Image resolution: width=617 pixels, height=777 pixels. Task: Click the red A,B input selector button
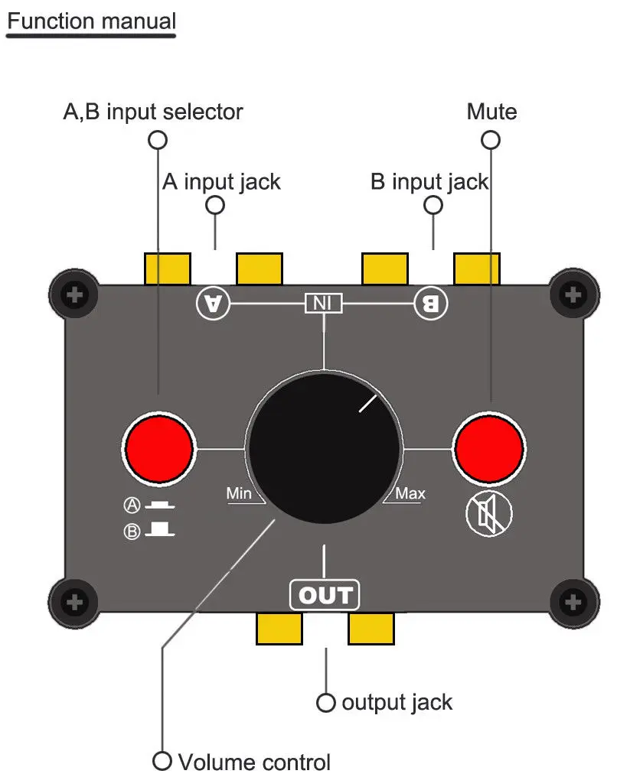[159, 447]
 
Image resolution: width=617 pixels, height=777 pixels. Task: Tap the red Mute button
[488, 447]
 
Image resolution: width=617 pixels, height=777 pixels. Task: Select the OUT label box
[325, 595]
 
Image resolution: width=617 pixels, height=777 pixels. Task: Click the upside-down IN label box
[324, 303]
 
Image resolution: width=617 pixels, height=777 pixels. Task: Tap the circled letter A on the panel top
[213, 303]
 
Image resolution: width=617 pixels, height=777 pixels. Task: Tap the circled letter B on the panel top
[431, 304]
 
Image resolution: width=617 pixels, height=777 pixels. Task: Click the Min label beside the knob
[239, 493]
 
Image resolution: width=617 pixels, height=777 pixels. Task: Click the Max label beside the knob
[410, 493]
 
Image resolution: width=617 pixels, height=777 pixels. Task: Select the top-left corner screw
[74, 294]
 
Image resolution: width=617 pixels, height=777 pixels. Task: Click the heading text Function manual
[91, 21]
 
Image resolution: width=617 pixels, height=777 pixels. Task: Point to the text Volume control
[254, 762]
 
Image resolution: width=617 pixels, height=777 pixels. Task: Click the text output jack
[397, 702]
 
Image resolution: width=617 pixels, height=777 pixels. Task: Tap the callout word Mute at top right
[491, 112]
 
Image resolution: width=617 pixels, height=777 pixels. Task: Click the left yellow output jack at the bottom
[279, 628]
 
